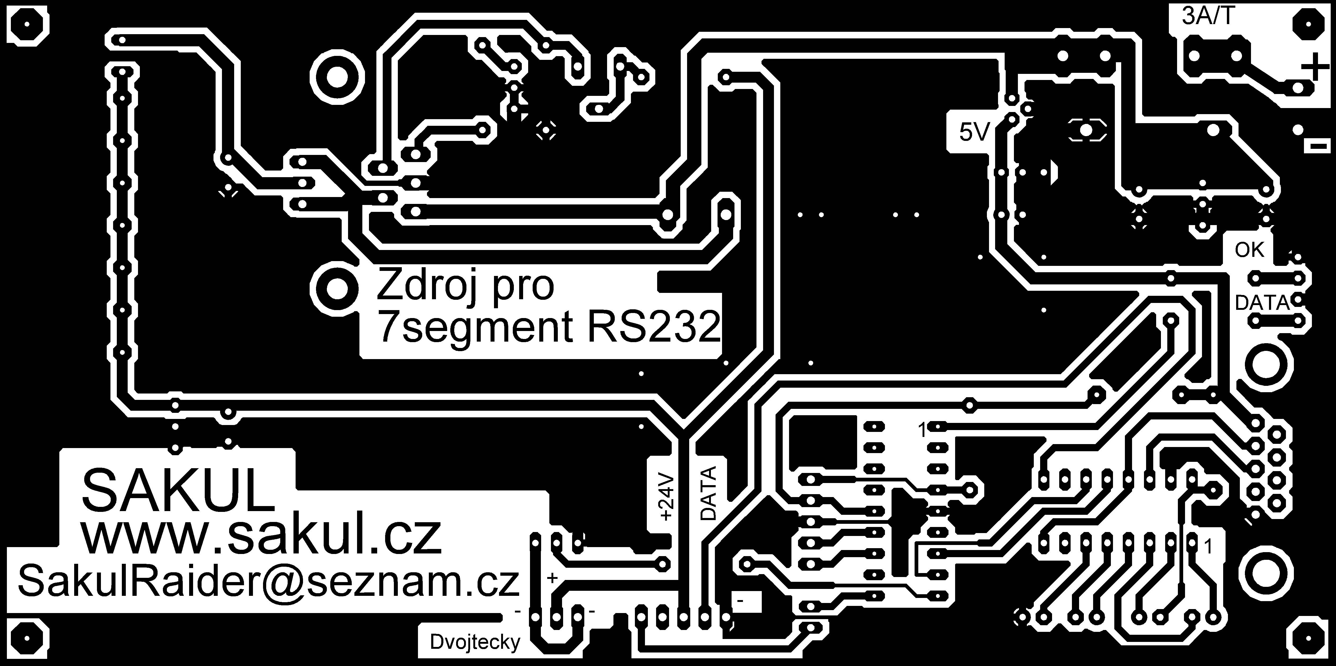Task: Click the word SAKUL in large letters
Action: (x=178, y=490)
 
